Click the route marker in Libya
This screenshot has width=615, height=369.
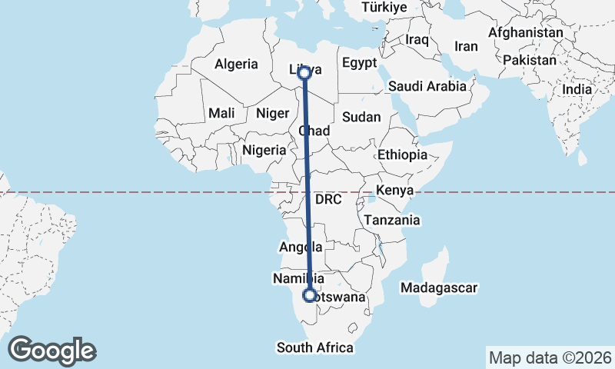click(304, 72)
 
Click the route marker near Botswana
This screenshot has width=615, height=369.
click(310, 295)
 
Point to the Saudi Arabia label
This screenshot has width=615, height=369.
click(427, 86)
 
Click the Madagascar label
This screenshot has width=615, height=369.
click(440, 288)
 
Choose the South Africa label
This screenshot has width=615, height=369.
click(315, 347)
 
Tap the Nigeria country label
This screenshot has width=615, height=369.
click(264, 151)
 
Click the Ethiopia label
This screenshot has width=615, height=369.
click(401, 155)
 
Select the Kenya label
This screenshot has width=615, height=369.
click(395, 190)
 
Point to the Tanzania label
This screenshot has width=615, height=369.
click(393, 220)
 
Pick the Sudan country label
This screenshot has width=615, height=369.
click(361, 117)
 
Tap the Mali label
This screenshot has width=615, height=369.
click(221, 113)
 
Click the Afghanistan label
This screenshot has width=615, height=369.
click(526, 33)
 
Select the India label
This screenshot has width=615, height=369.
click(577, 89)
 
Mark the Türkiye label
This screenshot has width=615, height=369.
click(384, 7)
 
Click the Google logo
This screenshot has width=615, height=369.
click(52, 350)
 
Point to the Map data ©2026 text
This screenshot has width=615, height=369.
click(550, 357)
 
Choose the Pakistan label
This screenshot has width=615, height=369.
click(530, 60)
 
